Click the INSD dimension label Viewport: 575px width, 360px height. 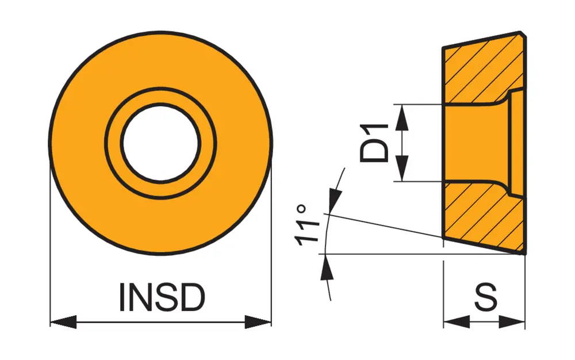(x=162, y=297)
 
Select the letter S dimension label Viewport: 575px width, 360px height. (x=485, y=297)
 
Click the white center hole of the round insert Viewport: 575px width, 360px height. (x=160, y=143)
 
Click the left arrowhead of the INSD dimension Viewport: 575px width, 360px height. (x=63, y=322)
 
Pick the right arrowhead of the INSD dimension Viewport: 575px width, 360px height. (x=258, y=322)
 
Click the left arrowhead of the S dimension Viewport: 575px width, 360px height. (x=455, y=322)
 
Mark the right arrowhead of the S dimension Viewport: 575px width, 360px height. (x=513, y=322)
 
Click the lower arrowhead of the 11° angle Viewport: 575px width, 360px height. (x=328, y=267)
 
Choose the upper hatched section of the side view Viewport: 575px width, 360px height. (x=477, y=69)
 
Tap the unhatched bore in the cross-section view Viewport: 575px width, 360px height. (x=474, y=143)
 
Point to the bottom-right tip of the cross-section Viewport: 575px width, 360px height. (x=524, y=252)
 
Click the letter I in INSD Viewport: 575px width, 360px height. (x=123, y=297)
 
